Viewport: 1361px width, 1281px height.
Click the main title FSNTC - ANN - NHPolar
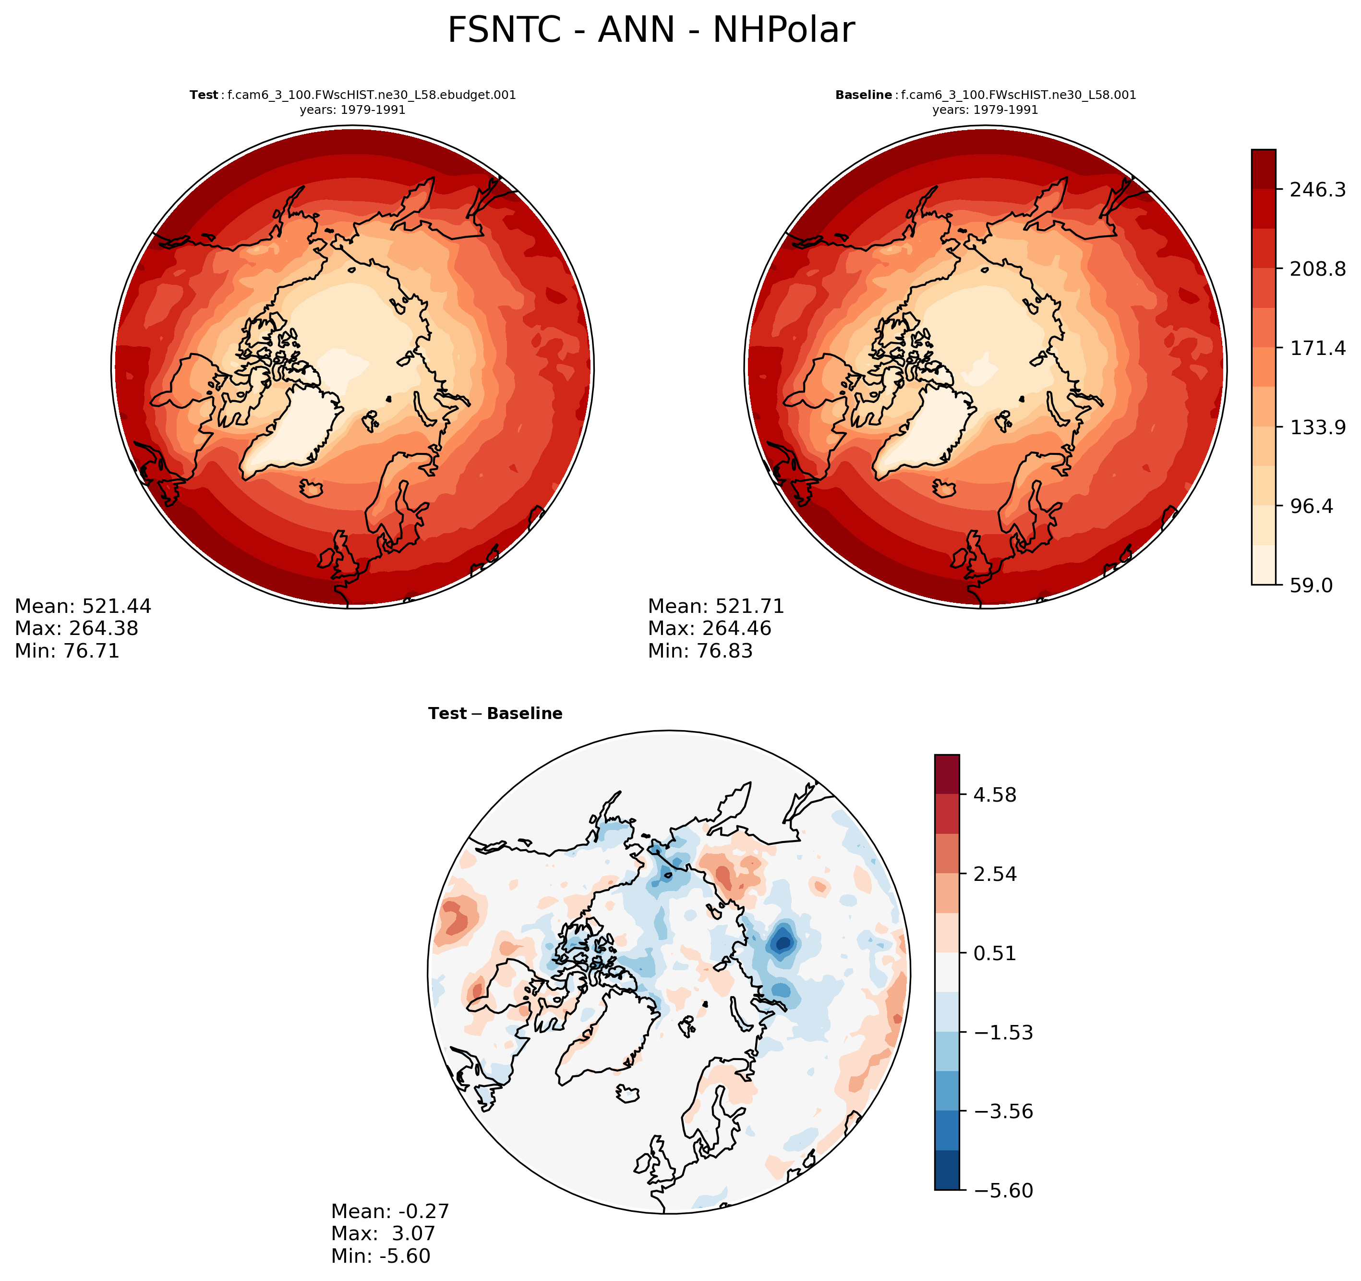pyautogui.click(x=650, y=31)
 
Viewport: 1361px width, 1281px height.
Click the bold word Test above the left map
pyautogui.click(x=204, y=95)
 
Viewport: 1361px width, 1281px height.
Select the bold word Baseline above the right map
pyautogui.click(x=863, y=95)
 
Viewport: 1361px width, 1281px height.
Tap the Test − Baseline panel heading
pyautogui.click(x=495, y=714)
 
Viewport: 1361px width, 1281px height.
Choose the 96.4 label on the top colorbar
pyautogui.click(x=1311, y=506)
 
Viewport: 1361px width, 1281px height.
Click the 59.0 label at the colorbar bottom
pyautogui.click(x=1311, y=586)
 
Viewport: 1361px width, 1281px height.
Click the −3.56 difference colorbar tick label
pyautogui.click(x=997, y=1111)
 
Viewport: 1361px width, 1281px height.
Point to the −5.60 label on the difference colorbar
pyautogui.click(x=997, y=1191)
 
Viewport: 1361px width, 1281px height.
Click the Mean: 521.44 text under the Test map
pyautogui.click(x=83, y=606)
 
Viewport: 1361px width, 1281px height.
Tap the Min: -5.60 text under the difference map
pyautogui.click(x=381, y=1256)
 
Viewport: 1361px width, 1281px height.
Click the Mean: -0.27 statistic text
pyautogui.click(x=390, y=1211)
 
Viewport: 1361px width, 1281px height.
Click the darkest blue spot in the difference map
pyautogui.click(x=783, y=944)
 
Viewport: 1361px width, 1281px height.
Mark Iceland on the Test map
pyautogui.click(x=312, y=488)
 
